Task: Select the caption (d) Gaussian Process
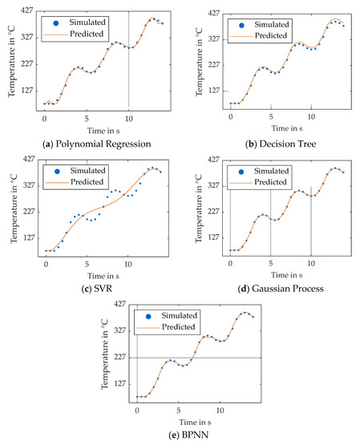click(275, 288)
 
